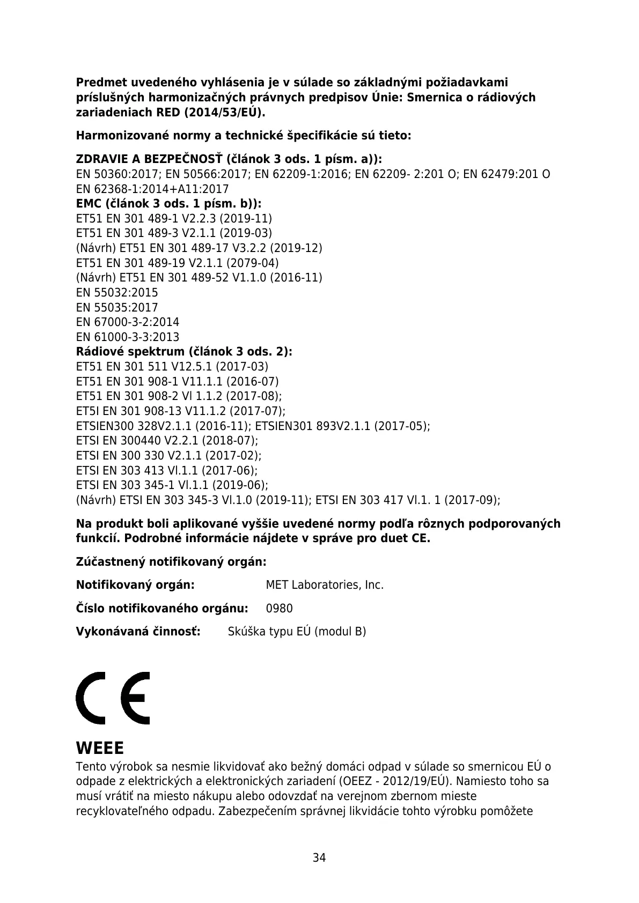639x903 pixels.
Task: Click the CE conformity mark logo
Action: coord(113,698)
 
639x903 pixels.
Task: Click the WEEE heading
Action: coord(100,747)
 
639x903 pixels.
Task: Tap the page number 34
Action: coord(319,857)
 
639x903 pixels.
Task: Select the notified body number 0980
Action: coord(279,609)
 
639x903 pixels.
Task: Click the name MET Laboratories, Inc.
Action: coord(325,585)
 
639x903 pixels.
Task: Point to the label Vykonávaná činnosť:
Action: coord(138,631)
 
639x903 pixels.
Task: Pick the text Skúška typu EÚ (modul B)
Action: coord(297,632)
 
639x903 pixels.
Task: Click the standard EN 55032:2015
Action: coord(117,293)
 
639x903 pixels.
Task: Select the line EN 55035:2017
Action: coord(117,308)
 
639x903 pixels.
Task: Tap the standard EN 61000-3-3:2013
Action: coord(128,337)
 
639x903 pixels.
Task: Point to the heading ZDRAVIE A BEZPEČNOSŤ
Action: coord(149,159)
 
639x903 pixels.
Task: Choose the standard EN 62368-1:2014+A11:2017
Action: coord(152,189)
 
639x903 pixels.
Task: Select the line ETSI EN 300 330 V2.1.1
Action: coord(168,456)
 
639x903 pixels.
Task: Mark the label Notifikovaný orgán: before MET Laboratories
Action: coord(135,584)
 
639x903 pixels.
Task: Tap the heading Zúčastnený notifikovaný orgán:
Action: coord(171,562)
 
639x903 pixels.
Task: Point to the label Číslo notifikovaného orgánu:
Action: coord(162,609)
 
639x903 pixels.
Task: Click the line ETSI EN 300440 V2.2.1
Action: coord(167,441)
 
